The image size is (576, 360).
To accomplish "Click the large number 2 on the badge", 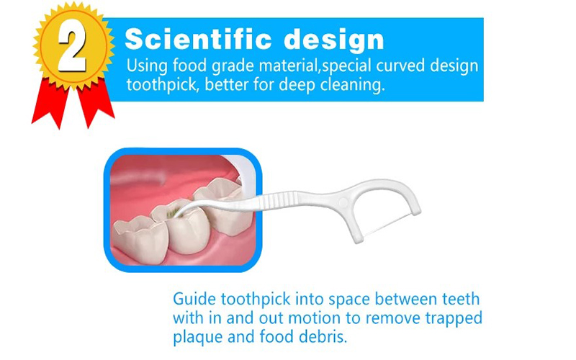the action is click(x=72, y=50).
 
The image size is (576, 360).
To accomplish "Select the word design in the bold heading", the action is click(x=334, y=40).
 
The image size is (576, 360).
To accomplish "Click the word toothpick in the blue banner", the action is click(x=161, y=85).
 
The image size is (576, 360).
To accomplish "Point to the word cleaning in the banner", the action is click(x=352, y=85).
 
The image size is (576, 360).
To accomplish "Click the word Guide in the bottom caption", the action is click(x=194, y=299).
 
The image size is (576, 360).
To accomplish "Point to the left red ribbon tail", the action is click(x=50, y=103).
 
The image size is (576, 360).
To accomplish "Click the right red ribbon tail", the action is click(x=96, y=104).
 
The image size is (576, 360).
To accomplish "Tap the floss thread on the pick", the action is click(x=387, y=224).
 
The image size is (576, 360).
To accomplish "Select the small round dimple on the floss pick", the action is click(x=343, y=202).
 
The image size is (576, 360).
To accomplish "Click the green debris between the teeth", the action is click(x=171, y=212).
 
